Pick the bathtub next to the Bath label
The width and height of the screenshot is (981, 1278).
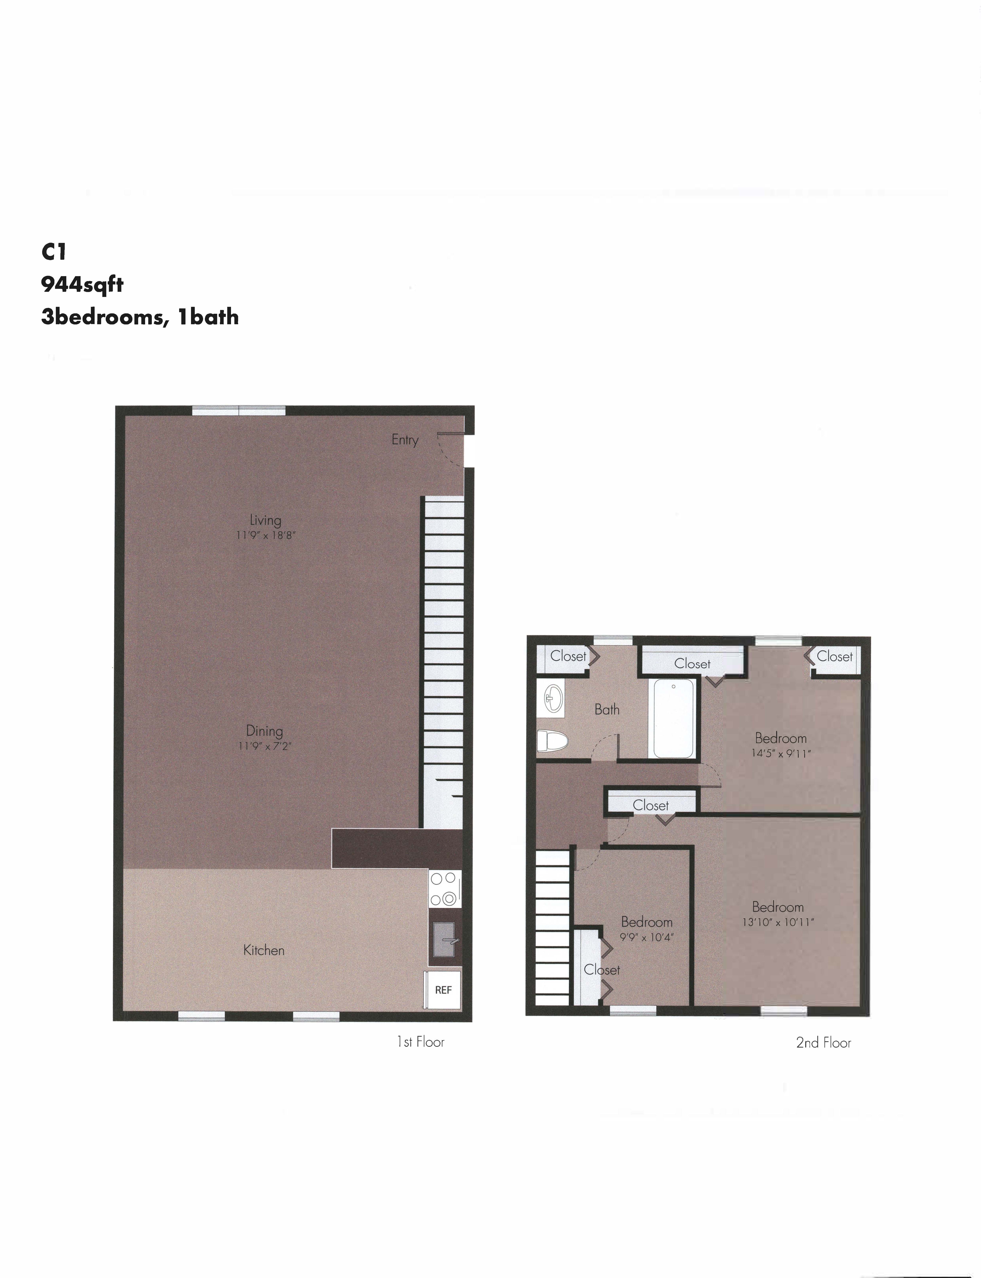(x=673, y=718)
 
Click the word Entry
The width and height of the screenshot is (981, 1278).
(x=405, y=440)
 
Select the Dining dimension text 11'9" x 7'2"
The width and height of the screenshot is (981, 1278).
(x=264, y=745)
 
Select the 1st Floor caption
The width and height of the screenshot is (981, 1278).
(x=420, y=1042)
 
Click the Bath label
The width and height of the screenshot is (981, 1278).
(x=607, y=709)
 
